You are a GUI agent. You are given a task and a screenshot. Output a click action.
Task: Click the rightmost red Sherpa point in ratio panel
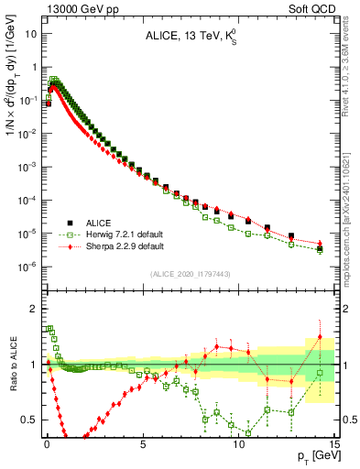point(320,336)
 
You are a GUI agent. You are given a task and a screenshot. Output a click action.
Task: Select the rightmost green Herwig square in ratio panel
point(320,373)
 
